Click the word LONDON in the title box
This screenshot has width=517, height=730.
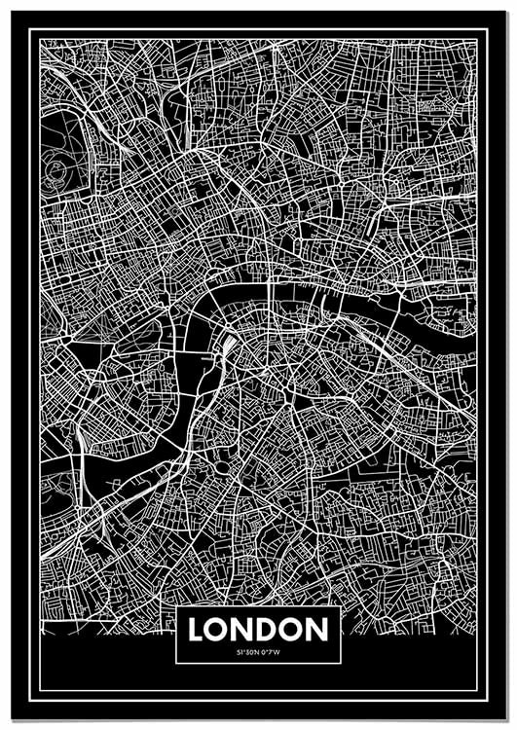(x=258, y=630)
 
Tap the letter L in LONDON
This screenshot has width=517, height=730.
(x=197, y=630)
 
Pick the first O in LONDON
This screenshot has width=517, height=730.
(x=218, y=630)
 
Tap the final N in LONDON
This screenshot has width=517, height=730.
(x=317, y=630)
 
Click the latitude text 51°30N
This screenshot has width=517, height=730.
(x=247, y=652)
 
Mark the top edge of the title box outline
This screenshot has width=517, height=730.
(x=258, y=606)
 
